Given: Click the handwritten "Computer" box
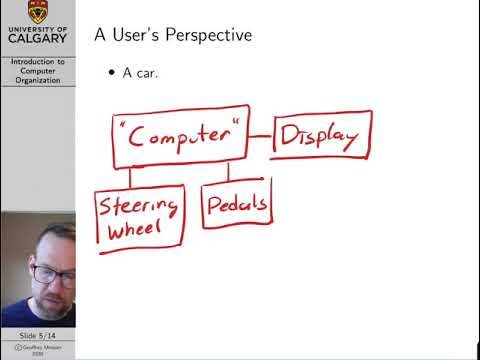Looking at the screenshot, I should (x=179, y=139).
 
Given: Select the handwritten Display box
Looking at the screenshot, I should (x=321, y=135).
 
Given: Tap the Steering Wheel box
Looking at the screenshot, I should (x=141, y=219).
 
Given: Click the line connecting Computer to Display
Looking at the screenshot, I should (x=259, y=137).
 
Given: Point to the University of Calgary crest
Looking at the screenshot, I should (x=37, y=13).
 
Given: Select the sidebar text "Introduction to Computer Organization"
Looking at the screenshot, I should (x=37, y=71).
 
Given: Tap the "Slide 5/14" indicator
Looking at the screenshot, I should (x=37, y=334).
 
